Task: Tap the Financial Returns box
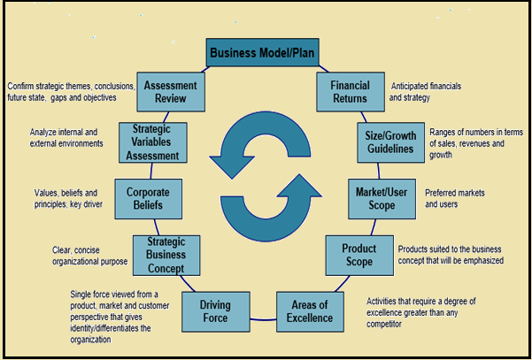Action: (x=349, y=92)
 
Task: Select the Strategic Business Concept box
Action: (x=166, y=256)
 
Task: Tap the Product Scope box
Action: (x=359, y=256)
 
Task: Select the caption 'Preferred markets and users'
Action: (x=455, y=198)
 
